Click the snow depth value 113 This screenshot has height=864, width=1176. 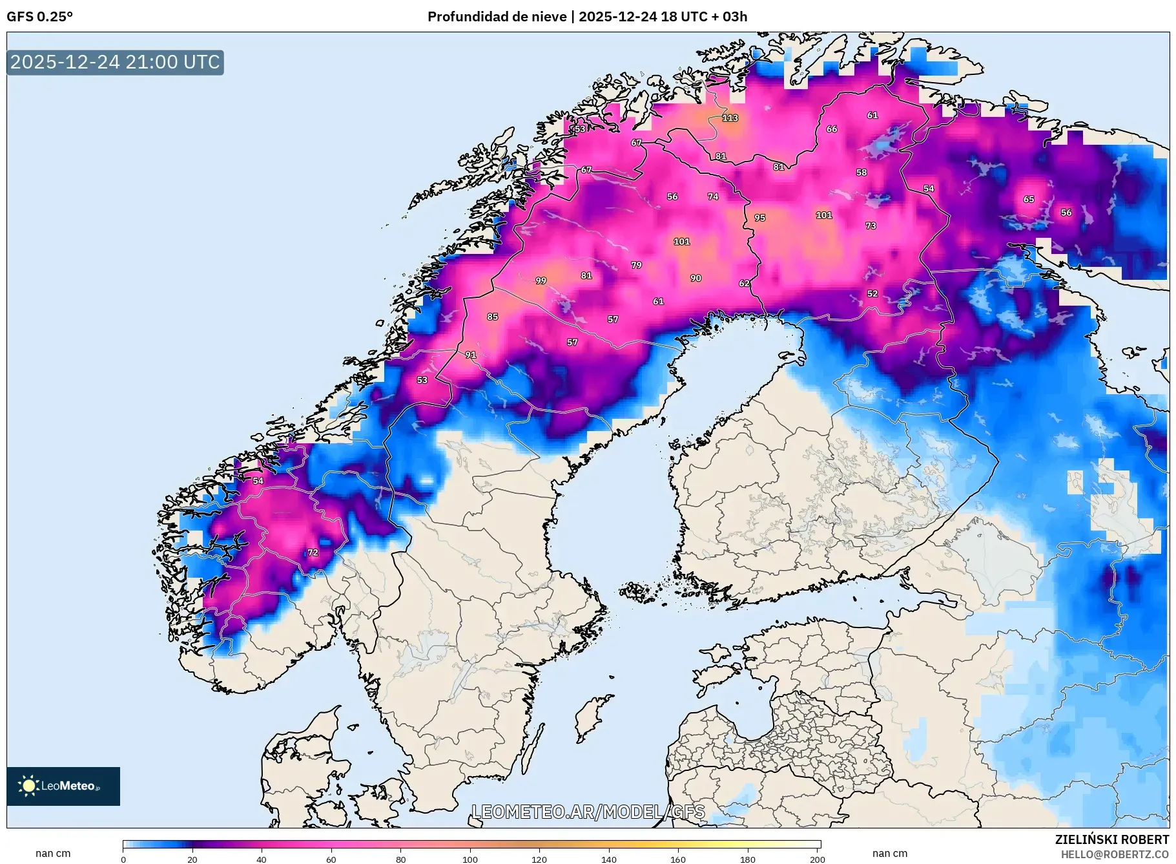(x=730, y=118)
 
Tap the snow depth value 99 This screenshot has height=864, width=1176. (x=541, y=281)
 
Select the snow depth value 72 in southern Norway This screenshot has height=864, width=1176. (x=313, y=553)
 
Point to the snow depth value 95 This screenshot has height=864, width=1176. (x=759, y=218)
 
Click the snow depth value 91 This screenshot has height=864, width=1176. (x=470, y=355)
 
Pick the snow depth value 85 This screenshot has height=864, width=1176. (x=492, y=317)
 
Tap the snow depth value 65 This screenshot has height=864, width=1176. (x=1028, y=200)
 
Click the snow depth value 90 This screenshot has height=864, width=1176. (x=695, y=279)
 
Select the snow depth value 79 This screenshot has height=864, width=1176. (x=636, y=266)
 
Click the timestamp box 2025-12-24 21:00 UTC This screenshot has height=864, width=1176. (x=115, y=63)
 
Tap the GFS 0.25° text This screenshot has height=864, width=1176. (x=39, y=17)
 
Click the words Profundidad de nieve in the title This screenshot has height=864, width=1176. (x=497, y=17)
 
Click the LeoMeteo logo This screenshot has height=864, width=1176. (x=63, y=786)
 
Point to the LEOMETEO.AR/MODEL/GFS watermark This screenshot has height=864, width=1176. (x=588, y=812)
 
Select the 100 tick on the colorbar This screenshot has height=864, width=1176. (x=470, y=859)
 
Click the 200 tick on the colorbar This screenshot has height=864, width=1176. (x=817, y=859)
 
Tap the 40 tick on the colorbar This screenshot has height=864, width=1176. (x=261, y=859)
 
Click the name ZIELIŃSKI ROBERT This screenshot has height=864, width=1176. (x=1111, y=839)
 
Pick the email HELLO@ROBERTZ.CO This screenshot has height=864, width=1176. (x=1115, y=854)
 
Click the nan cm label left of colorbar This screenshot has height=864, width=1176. (x=53, y=854)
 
